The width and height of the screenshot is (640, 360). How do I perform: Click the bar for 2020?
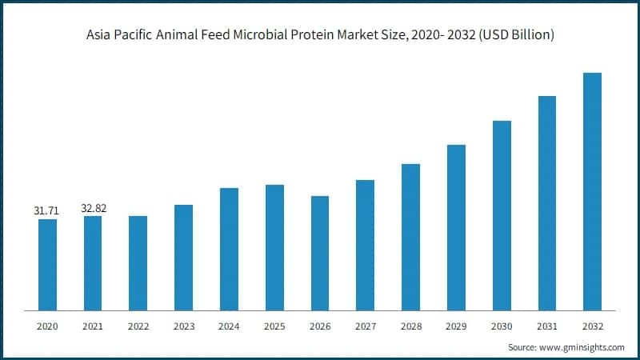pyautogui.click(x=47, y=265)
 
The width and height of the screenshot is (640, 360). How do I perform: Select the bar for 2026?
pyautogui.click(x=320, y=253)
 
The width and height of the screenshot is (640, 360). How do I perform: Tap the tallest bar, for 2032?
pyautogui.click(x=593, y=191)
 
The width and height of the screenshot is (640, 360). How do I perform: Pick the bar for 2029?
pyautogui.click(x=456, y=227)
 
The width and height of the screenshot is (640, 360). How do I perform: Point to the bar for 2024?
pyautogui.click(x=229, y=249)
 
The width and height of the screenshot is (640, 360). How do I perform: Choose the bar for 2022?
pyautogui.click(x=138, y=263)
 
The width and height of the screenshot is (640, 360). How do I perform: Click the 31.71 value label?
pyautogui.click(x=46, y=210)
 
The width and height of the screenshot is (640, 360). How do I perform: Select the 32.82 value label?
pyautogui.click(x=94, y=209)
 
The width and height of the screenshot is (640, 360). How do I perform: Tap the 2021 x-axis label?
pyautogui.click(x=93, y=326)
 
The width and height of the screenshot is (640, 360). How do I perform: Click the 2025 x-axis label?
pyautogui.click(x=274, y=326)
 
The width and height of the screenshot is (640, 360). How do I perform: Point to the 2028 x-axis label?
pyautogui.click(x=410, y=326)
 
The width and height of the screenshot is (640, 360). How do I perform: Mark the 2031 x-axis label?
pyautogui.click(x=547, y=326)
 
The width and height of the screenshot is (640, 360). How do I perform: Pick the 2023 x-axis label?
pyautogui.click(x=183, y=326)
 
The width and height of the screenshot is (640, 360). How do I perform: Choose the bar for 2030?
pyautogui.click(x=502, y=215)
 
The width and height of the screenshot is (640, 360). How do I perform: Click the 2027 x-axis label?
pyautogui.click(x=366, y=326)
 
